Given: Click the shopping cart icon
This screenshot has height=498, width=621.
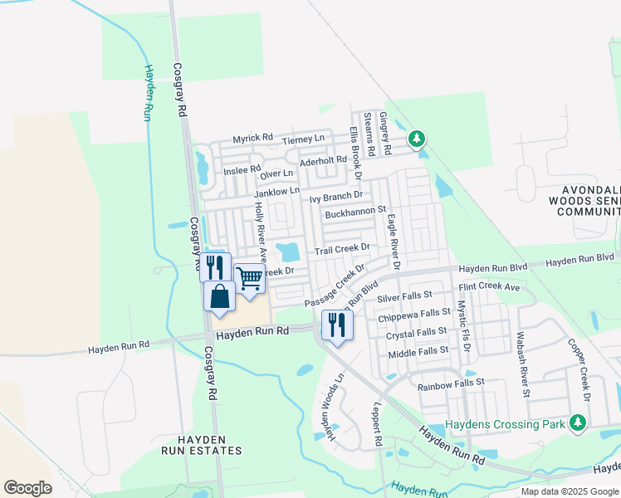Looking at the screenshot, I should click(x=249, y=279).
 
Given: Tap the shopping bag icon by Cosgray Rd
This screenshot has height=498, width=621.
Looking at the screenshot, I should click(x=219, y=297).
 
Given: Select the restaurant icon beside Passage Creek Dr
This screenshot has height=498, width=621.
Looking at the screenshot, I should click(x=336, y=324).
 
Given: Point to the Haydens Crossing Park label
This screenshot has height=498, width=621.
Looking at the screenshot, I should click(x=506, y=424).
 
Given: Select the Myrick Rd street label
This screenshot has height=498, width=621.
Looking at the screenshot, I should click(x=252, y=138).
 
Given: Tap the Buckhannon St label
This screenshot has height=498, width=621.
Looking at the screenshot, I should click(x=356, y=212).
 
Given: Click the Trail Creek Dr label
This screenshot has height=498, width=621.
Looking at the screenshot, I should click(x=340, y=249).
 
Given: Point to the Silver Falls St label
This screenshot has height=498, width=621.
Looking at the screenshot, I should click(x=405, y=295).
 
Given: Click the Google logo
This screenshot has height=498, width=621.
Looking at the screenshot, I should click(x=27, y=487).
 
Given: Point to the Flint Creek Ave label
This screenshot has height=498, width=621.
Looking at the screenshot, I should click(x=488, y=287).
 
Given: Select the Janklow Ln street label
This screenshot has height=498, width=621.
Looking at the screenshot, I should click(x=276, y=193).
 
